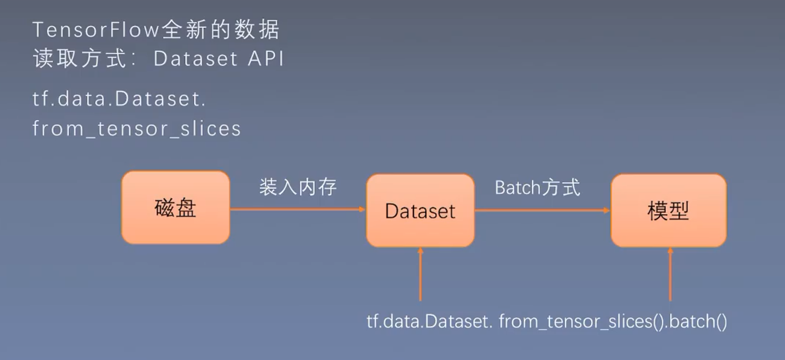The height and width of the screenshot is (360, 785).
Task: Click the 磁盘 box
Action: tap(176, 207)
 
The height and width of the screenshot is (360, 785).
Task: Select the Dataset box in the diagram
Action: tap(420, 211)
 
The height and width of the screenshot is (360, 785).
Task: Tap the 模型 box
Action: tap(668, 211)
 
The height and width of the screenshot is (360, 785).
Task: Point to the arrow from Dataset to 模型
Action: tap(541, 210)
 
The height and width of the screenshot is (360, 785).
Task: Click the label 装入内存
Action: tap(298, 187)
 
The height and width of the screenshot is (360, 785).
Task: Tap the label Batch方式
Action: tap(537, 188)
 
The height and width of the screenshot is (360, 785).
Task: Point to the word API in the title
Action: tap(266, 58)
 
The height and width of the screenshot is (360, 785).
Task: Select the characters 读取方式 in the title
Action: tap(80, 58)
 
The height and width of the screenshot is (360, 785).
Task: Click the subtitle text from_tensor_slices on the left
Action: tap(137, 129)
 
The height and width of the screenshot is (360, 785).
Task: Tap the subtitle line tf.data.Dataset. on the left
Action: tap(119, 99)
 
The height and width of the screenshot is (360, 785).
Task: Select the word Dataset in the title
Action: tap(196, 58)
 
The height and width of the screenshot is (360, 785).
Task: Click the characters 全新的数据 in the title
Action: tap(220, 30)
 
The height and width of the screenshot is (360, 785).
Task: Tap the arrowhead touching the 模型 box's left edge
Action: tap(607, 210)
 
